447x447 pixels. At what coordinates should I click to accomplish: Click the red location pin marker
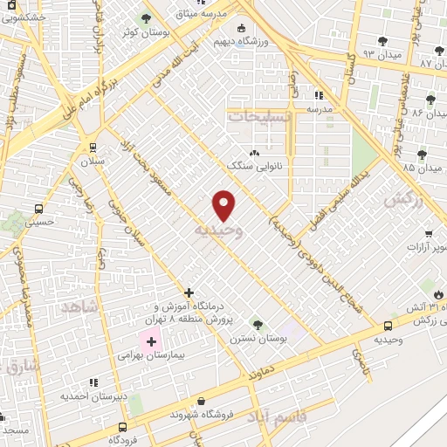pos(223,204)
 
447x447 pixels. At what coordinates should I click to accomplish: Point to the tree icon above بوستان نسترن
pos(257,324)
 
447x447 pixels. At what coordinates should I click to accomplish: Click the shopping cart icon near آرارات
pos(428,234)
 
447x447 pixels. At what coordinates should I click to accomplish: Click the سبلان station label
pos(92,162)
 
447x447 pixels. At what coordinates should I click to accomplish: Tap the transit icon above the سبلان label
pos(92,148)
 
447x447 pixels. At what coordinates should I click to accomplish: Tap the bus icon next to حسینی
pos(38,209)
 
